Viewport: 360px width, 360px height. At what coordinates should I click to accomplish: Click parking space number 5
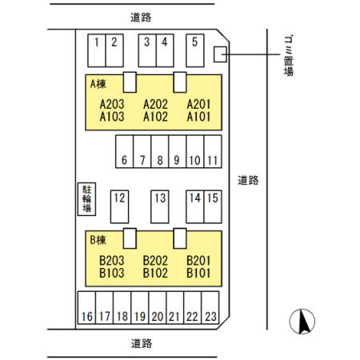click(x=195, y=50)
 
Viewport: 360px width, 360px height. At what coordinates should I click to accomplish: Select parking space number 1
click(x=97, y=50)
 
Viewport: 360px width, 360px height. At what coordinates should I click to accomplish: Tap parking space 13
click(x=160, y=206)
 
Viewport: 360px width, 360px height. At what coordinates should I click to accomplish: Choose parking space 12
click(x=119, y=206)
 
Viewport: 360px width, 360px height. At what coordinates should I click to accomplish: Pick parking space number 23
click(x=210, y=307)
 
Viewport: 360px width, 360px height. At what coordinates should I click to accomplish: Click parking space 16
click(x=86, y=307)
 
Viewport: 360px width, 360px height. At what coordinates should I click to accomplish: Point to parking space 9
click(x=178, y=151)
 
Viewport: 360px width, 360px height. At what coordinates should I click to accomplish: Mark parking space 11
click(x=213, y=151)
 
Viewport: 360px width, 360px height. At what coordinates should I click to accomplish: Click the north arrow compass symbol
click(x=302, y=322)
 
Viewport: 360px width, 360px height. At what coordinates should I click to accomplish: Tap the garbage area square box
click(x=220, y=54)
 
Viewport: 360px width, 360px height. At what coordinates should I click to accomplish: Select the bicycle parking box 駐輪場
click(x=86, y=199)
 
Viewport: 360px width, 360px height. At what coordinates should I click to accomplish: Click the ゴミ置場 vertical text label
click(x=289, y=55)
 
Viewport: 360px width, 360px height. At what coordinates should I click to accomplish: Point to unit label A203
click(x=112, y=104)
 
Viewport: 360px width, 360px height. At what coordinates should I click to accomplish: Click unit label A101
click(x=198, y=117)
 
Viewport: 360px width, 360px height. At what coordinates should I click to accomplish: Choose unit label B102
click(x=155, y=273)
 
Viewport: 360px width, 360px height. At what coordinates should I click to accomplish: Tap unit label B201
click(x=198, y=261)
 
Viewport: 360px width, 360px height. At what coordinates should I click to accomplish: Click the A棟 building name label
click(x=98, y=84)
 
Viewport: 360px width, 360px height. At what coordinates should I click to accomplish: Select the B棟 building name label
click(x=98, y=240)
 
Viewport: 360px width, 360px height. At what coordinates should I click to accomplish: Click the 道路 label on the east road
click(x=248, y=181)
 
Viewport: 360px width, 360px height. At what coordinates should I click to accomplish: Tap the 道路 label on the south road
click(x=142, y=343)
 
